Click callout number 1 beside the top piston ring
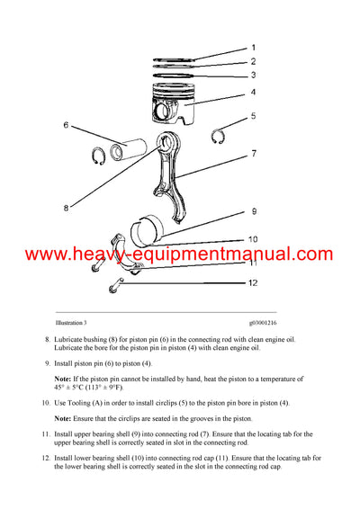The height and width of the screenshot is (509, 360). (x=253, y=47)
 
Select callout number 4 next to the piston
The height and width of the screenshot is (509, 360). (x=253, y=92)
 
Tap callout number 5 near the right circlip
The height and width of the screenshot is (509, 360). (x=253, y=117)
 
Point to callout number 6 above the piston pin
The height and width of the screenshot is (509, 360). (x=91, y=125)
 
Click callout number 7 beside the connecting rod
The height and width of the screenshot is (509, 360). (x=254, y=154)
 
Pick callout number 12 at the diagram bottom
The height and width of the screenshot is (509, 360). (x=254, y=284)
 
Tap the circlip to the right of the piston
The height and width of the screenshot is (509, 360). (x=218, y=136)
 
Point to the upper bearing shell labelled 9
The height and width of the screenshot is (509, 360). (x=151, y=228)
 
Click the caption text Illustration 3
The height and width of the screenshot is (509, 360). (x=69, y=321)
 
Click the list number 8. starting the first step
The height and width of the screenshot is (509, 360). (x=47, y=339)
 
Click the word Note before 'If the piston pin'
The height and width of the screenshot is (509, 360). (x=63, y=381)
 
